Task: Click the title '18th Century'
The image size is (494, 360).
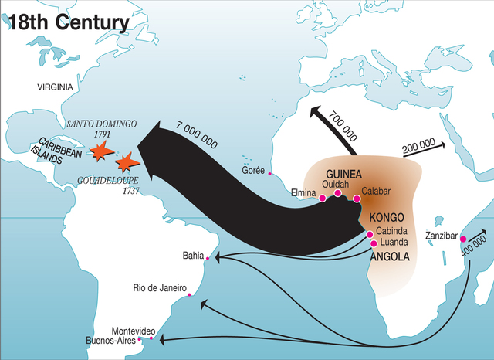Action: click(x=68, y=20)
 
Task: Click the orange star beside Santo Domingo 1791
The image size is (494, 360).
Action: click(x=100, y=152)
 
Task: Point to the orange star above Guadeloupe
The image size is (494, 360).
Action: click(x=127, y=162)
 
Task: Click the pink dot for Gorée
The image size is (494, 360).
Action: click(x=269, y=174)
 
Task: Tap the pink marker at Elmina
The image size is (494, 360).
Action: click(x=322, y=199)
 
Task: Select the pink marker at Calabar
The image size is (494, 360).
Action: click(x=357, y=199)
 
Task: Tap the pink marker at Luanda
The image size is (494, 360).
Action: click(x=374, y=243)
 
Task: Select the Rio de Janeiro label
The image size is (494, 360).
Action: click(x=160, y=289)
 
